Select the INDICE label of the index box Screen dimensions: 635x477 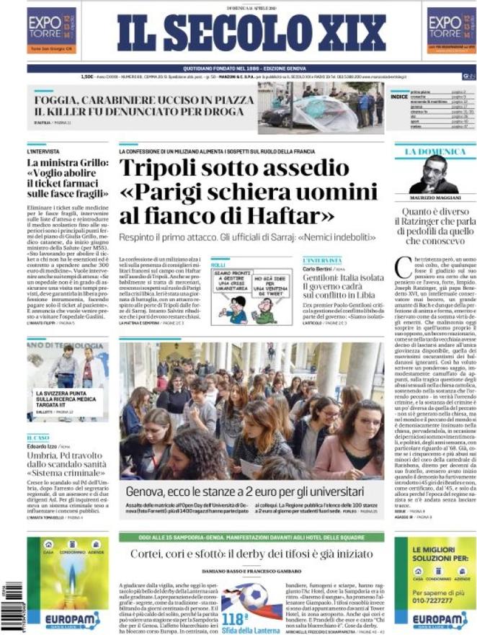[398, 96]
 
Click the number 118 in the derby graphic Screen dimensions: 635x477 [236, 617]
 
